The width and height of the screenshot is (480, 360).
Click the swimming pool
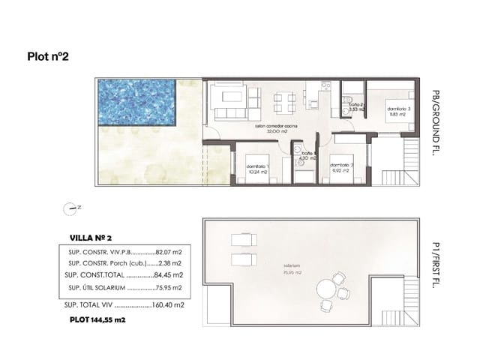point(136,103)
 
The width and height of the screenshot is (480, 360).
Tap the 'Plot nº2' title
point(48,55)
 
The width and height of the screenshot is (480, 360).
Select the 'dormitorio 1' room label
point(256,166)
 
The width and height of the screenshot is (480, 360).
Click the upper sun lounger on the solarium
point(244,239)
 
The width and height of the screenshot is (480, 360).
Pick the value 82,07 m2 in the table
point(169,252)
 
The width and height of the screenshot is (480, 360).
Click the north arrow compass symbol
point(70,208)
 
